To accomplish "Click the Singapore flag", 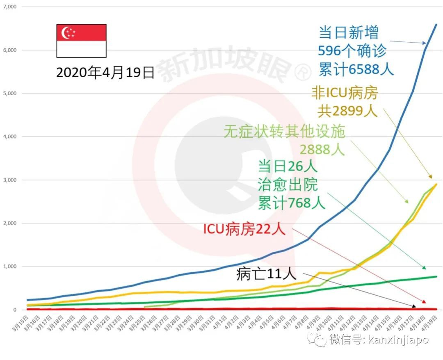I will [81, 41].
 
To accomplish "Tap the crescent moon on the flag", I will [66, 33].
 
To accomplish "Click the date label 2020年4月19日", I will [105, 73].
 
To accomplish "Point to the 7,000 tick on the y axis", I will [10, 7].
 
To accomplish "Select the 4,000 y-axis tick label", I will [10, 137].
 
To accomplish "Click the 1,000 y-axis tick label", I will [10, 267].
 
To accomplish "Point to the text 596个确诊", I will [352, 51].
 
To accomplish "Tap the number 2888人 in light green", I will [322, 149].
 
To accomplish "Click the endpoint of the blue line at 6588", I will [436, 25].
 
